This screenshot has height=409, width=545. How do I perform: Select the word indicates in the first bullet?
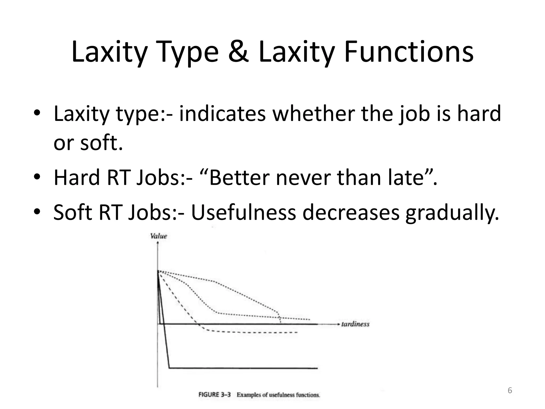(x=222, y=114)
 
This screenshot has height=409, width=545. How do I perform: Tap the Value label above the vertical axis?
(x=159, y=236)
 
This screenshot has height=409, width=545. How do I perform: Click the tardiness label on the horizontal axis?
(x=355, y=324)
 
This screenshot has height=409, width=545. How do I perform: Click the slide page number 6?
(x=510, y=390)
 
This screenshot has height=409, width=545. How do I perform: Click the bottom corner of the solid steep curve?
(x=169, y=368)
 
